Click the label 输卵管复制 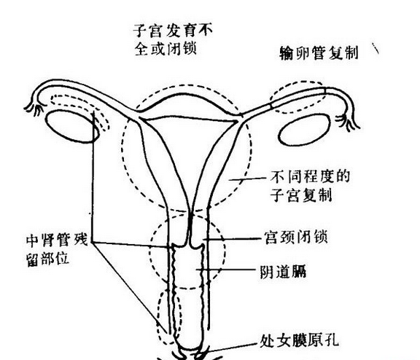(319, 52)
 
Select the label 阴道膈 (283, 272)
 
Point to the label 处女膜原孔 (299, 340)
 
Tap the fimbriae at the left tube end (34, 109)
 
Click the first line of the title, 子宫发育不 (173, 31)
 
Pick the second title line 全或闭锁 (166, 48)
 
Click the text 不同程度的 (310, 177)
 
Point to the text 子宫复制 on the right (301, 195)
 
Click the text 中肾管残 (57, 240)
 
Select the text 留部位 (47, 259)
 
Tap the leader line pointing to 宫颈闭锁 (233, 238)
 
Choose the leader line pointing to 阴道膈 (227, 270)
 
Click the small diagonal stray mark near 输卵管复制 (376, 48)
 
